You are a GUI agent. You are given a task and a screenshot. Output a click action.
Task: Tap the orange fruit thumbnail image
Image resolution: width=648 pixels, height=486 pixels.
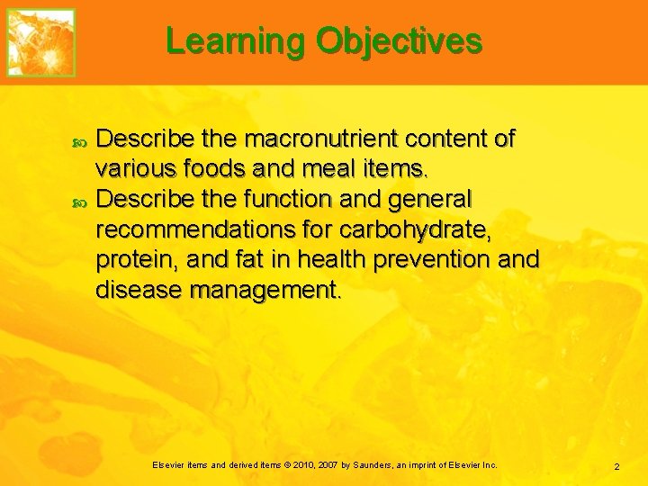click(41, 41)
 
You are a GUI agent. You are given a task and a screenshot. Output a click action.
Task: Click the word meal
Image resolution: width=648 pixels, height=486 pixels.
click(335, 168)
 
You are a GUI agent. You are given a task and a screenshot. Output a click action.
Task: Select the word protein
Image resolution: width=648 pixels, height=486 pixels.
click(134, 259)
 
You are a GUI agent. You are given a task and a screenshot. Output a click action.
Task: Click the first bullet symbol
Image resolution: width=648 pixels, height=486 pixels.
click(78, 139)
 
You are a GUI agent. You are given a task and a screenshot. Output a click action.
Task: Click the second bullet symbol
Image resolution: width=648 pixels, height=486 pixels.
click(78, 199)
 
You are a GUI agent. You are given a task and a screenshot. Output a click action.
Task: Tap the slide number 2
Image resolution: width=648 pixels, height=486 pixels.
click(616, 466)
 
